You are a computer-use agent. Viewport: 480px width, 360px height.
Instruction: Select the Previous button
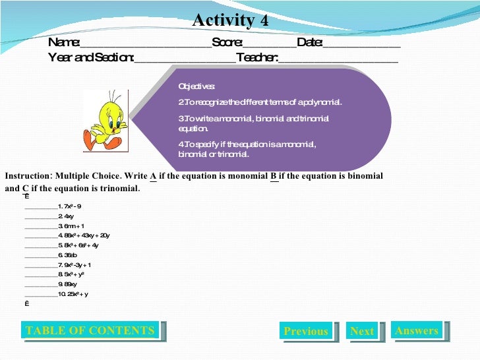pos(305,332)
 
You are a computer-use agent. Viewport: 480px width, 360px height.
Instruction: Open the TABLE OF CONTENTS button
pos(90,331)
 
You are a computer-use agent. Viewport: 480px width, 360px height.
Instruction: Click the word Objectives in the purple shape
pos(196,87)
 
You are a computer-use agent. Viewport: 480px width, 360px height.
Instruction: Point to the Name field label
pos(63,43)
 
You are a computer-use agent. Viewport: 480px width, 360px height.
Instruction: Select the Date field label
pos(309,43)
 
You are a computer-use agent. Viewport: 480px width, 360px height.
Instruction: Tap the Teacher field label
pos(257,57)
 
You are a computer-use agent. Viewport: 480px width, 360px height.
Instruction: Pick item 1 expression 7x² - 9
pos(73,206)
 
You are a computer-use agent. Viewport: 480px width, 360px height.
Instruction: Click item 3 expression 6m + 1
pos(74,225)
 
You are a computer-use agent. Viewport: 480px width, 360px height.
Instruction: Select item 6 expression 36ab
pos(71,255)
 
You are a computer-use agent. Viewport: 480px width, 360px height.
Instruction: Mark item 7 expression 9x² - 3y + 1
pos(78,264)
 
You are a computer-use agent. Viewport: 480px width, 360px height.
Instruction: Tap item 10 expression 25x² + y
pos(76,294)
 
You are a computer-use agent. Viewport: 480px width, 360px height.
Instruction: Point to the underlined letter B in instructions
pos(273,176)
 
